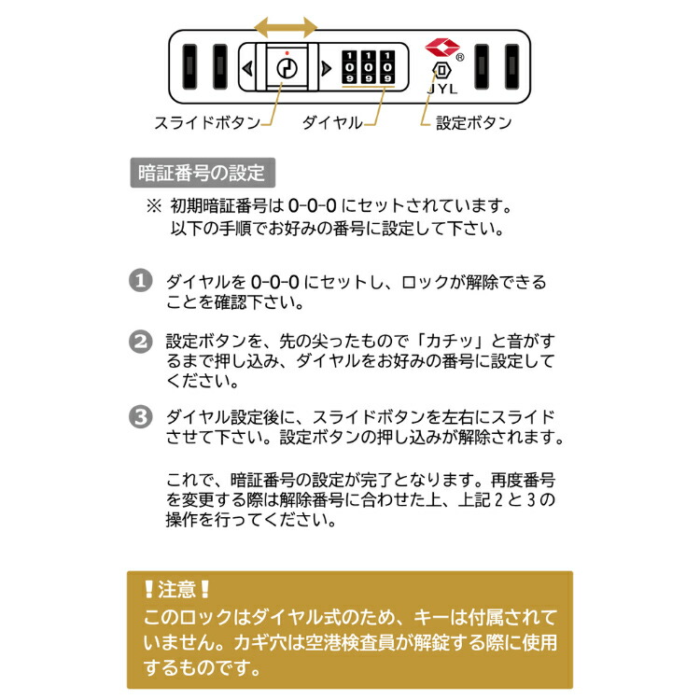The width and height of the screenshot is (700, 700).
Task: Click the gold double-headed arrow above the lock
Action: point(286,27)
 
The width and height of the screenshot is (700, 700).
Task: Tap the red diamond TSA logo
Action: point(442,48)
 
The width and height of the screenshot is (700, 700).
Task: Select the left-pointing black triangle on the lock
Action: point(247,68)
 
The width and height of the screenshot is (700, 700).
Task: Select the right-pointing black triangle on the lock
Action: point(327,68)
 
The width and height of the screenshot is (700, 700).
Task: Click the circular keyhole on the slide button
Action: point(287,68)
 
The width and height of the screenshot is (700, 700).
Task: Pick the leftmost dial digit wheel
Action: point(350,67)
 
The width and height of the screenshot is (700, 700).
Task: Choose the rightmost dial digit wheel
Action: point(387,67)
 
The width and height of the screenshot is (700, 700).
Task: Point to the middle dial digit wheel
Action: point(369,67)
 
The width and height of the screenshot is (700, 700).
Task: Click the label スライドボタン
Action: point(207,122)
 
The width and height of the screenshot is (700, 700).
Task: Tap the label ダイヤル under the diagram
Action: point(332,122)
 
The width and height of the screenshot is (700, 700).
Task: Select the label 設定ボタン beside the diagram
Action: point(473,123)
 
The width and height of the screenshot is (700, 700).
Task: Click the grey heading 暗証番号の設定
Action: point(203,173)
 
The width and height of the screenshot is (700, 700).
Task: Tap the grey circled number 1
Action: point(141,280)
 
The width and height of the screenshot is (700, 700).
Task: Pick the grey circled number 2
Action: point(141,342)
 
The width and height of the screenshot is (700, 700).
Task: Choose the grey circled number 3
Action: point(141,417)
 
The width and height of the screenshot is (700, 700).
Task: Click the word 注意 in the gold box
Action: point(176,590)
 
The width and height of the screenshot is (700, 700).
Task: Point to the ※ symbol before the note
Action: point(154,206)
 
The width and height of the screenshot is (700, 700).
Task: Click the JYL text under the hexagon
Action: point(442,89)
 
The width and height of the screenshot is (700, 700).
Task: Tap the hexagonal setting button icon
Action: point(441,70)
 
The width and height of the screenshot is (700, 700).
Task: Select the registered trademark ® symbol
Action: point(460,57)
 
